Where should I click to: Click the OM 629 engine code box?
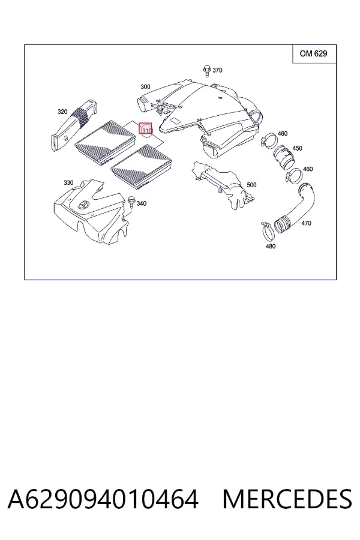point(314,54)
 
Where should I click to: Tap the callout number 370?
point(217,70)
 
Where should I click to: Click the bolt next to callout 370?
point(206,71)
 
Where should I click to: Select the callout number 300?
point(145,87)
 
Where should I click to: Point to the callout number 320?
point(62,112)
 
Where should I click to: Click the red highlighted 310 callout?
point(145,129)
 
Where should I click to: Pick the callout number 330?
point(68,182)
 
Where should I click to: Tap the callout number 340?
point(141,203)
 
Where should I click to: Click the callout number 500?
point(251,185)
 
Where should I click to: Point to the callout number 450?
point(297,148)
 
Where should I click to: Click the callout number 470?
point(306,223)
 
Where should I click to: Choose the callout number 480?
point(271,246)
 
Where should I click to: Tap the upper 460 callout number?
point(282,134)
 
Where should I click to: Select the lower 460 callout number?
point(308,169)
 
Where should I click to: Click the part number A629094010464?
point(103,499)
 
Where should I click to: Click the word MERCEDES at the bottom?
point(287,499)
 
